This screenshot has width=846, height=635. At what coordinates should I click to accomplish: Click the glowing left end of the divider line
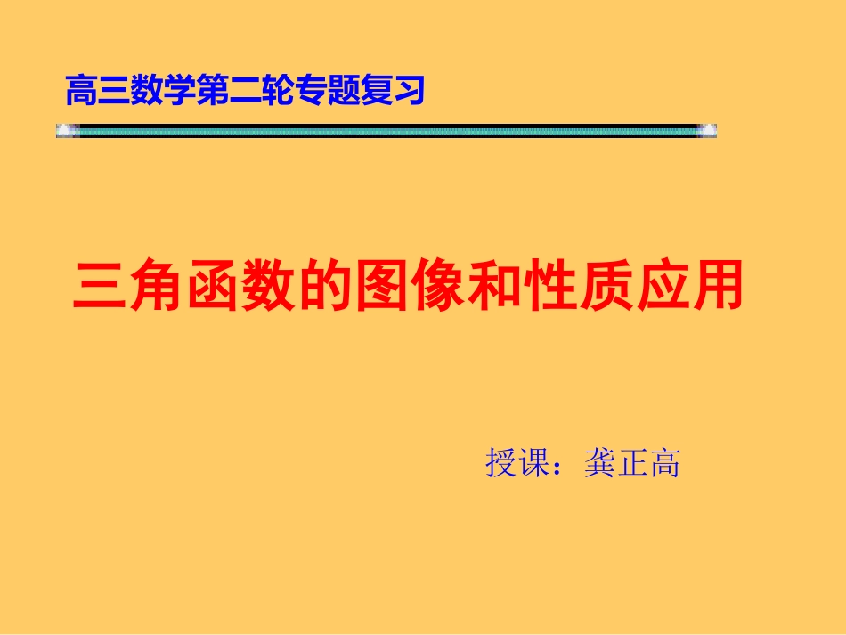(x=65, y=131)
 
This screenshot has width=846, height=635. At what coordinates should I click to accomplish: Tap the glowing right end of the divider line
(x=707, y=131)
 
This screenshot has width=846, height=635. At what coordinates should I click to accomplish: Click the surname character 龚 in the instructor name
(x=600, y=464)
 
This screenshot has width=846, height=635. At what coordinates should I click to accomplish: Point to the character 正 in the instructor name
(x=632, y=464)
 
